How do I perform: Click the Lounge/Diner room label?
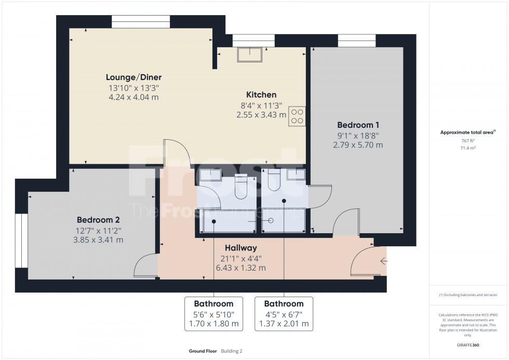pyautogui.click(x=132, y=77)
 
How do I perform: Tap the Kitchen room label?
pyautogui.click(x=261, y=95)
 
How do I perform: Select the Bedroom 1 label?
pyautogui.click(x=358, y=125)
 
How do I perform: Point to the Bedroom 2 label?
pyautogui.click(x=98, y=219)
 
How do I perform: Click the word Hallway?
pyautogui.click(x=240, y=248)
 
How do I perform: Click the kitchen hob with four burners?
pyautogui.click(x=297, y=116)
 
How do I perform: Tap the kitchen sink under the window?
pyautogui.click(x=250, y=55)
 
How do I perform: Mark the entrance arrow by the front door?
pyautogui.click(x=383, y=261)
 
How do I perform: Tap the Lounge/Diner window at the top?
pyautogui.click(x=141, y=22)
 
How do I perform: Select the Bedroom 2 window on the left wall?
pyautogui.click(x=21, y=241)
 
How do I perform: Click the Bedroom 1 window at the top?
pyautogui.click(x=356, y=41)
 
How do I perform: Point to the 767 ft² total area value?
pyautogui.click(x=458, y=140)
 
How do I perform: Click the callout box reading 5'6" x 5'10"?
pyautogui.click(x=213, y=314)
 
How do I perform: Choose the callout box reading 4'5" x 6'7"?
pyautogui.click(x=284, y=314)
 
